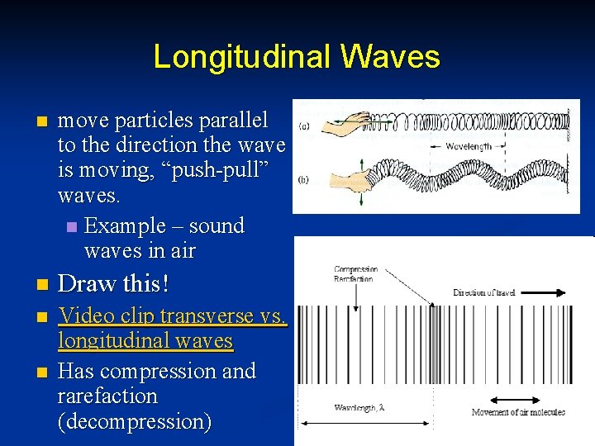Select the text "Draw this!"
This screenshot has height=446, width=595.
113,283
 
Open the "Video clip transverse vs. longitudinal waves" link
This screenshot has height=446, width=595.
172,328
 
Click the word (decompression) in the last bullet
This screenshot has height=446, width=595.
135,422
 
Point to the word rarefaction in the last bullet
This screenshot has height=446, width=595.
107,396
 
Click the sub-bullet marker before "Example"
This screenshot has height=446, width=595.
72,226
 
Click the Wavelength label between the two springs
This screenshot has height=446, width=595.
469,146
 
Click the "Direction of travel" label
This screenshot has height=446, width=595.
484,292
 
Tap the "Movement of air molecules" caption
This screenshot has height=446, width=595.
518,412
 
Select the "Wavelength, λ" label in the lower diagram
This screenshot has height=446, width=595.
359,408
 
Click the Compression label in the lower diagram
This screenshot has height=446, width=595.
356,269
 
